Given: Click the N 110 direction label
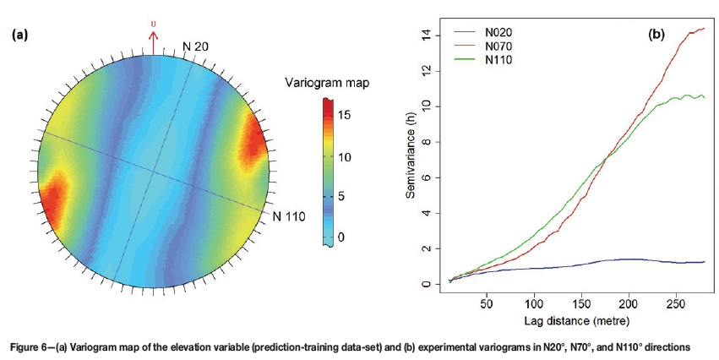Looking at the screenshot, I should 288,216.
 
